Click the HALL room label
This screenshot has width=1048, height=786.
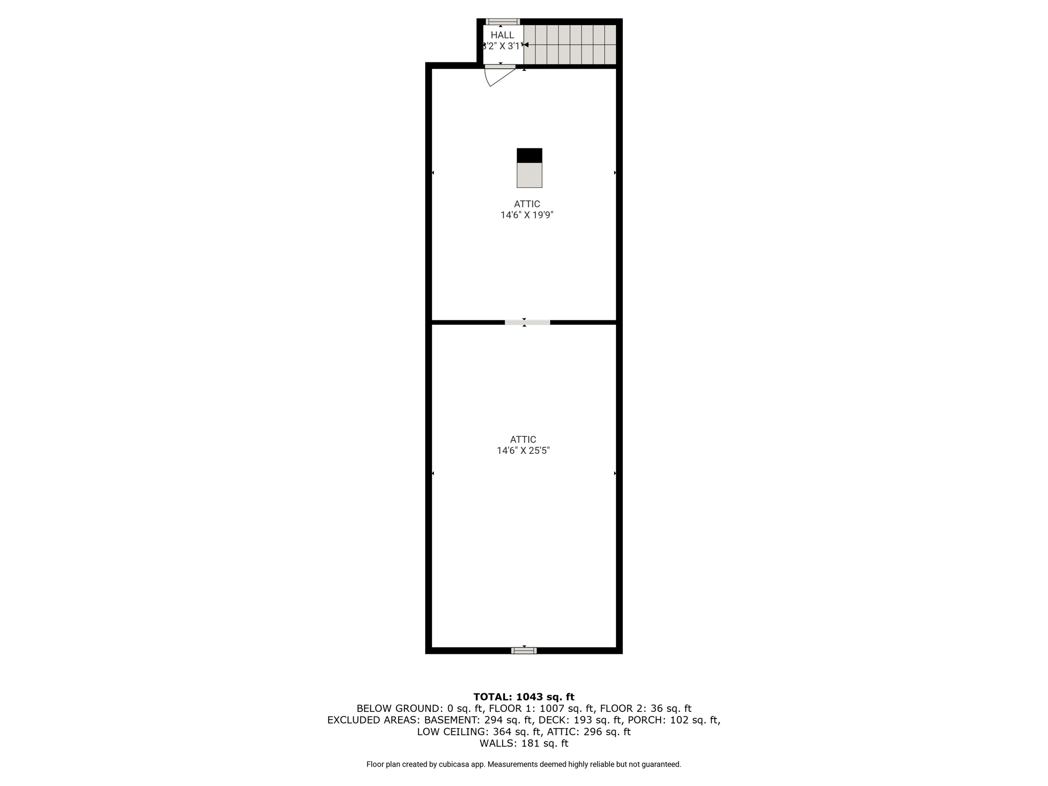(x=502, y=35)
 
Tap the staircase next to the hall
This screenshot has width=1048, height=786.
(x=570, y=45)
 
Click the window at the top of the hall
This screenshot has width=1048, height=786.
(x=503, y=21)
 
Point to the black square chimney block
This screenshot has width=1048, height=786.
(x=529, y=156)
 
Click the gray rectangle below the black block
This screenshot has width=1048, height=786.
(x=529, y=175)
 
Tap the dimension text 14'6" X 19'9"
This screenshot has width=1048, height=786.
(x=527, y=215)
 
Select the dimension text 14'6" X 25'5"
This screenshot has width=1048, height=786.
(x=523, y=451)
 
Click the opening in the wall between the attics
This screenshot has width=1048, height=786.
(x=527, y=322)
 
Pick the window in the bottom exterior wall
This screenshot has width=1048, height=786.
(x=524, y=650)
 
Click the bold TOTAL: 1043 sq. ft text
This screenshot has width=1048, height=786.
(x=524, y=696)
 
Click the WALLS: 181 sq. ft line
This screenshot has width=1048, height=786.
(x=524, y=743)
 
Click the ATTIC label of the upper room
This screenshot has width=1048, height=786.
(x=527, y=204)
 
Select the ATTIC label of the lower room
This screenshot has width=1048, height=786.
(x=523, y=440)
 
